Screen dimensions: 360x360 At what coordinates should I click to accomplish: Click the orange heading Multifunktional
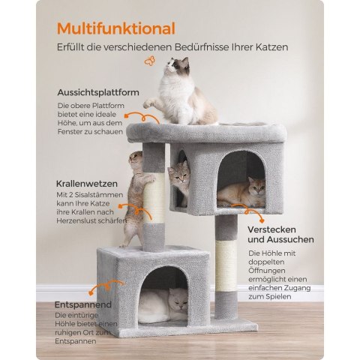(x=116, y=28)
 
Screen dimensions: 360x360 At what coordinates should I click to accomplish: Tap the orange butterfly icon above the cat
(x=150, y=61)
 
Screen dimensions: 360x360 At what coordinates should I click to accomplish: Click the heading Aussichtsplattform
(x=98, y=92)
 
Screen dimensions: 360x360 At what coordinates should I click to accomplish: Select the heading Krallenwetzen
(x=87, y=184)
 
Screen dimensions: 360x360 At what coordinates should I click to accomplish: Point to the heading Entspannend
(x=83, y=304)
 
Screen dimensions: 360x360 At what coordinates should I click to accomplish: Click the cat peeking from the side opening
(x=178, y=181)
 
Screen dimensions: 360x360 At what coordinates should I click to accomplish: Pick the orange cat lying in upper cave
(x=241, y=193)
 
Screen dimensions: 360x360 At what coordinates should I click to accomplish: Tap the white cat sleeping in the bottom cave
(x=163, y=305)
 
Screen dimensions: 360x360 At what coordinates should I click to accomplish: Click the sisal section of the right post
(x=226, y=266)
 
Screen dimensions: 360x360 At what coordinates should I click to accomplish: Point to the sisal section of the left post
(x=154, y=198)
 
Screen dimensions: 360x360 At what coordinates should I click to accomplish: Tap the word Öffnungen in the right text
(x=263, y=271)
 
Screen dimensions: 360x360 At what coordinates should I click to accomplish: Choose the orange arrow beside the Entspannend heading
(x=106, y=287)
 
